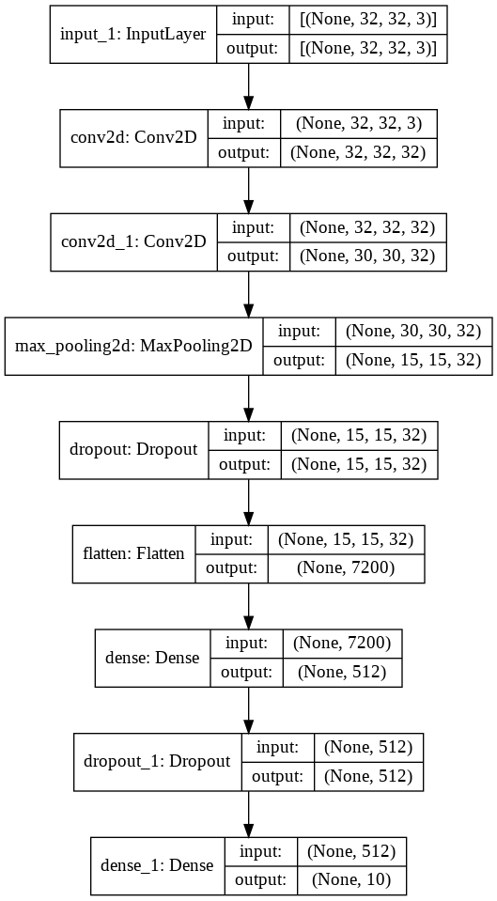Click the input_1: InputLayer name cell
(x=132, y=35)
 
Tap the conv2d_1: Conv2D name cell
(x=132, y=241)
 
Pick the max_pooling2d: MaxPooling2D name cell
(x=134, y=345)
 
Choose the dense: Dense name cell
(x=152, y=657)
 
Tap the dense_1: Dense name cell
(x=156, y=864)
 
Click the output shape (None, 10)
(x=351, y=879)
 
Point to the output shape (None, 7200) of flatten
(x=346, y=567)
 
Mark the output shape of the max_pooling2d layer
(x=413, y=360)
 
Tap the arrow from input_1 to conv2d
(x=248, y=86)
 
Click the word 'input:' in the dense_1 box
(x=259, y=850)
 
